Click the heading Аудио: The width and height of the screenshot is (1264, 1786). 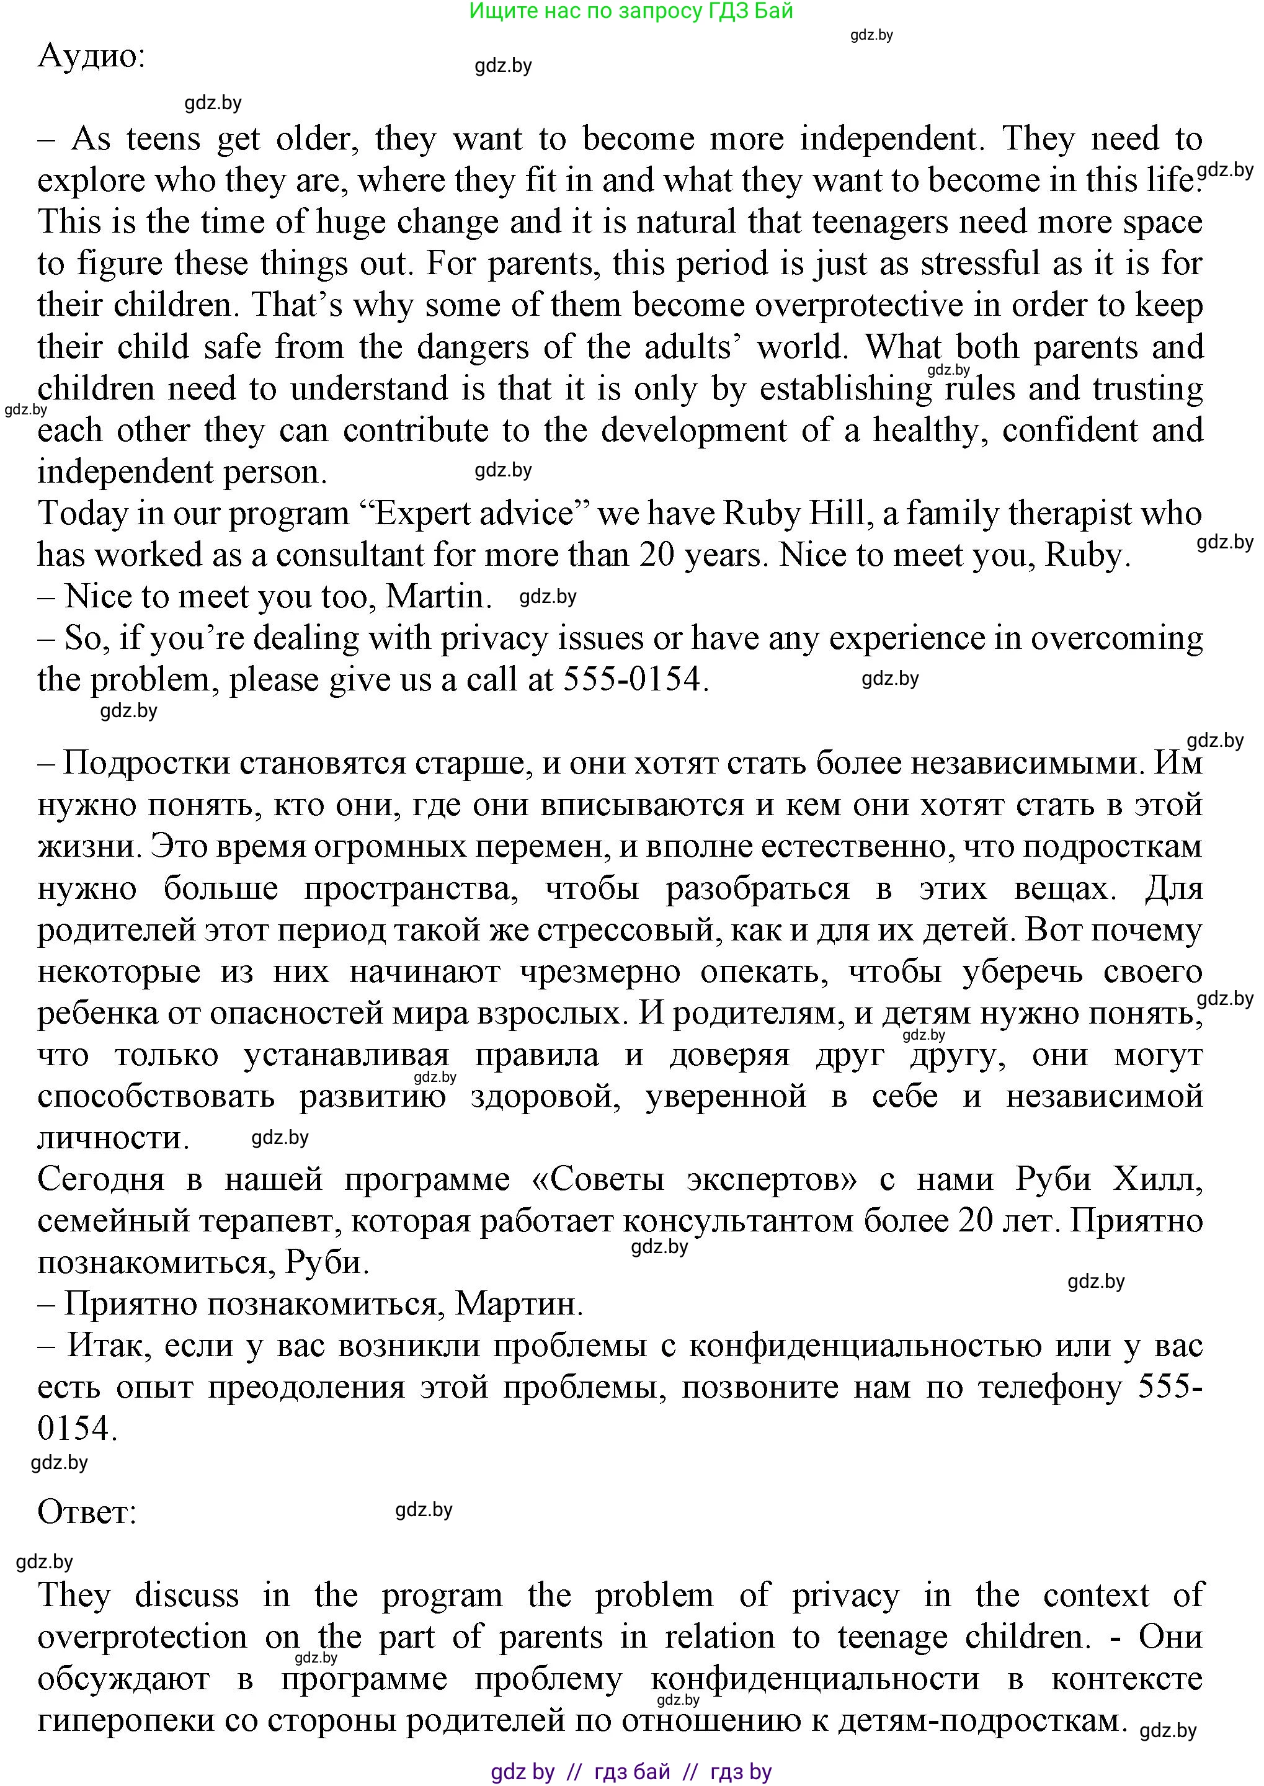pos(91,56)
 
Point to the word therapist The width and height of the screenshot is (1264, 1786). pos(1069,514)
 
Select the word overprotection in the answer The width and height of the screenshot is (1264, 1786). pos(141,1637)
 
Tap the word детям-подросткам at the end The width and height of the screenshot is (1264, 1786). pos(982,1720)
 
